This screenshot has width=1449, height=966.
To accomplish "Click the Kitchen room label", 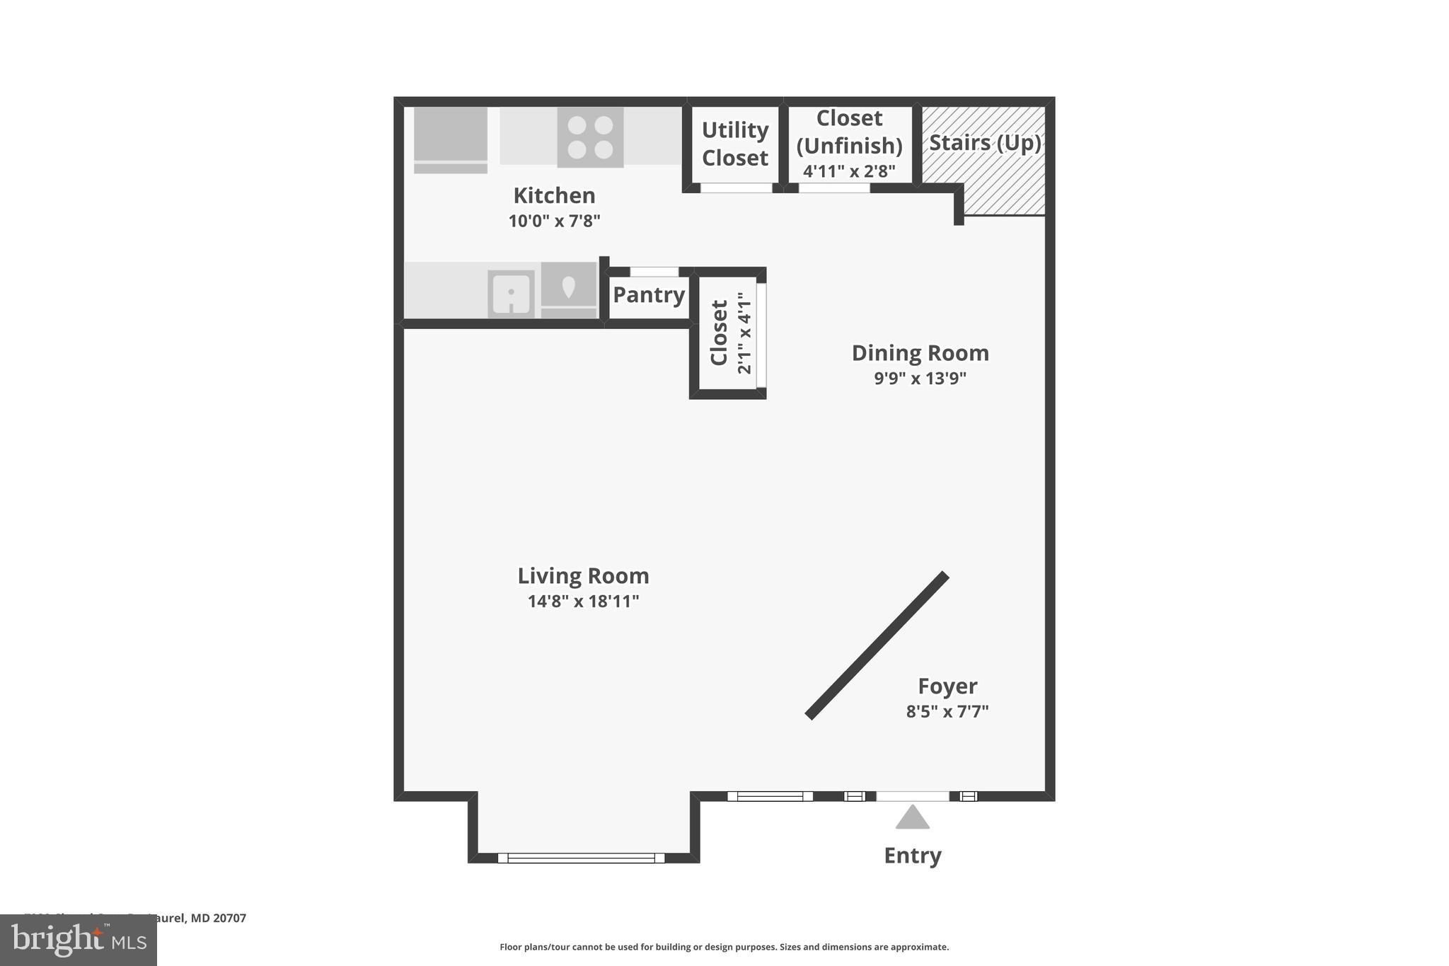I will tap(554, 195).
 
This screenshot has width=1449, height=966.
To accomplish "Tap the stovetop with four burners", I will tap(590, 137).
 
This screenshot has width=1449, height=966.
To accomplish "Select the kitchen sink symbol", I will tap(511, 293).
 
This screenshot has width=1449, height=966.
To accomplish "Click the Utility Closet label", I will tap(734, 144).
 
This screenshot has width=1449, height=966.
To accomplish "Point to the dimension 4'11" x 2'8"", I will tap(849, 171).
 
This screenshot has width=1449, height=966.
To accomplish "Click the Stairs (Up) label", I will tap(984, 143).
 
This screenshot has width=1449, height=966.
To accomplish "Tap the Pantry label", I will tap(648, 294).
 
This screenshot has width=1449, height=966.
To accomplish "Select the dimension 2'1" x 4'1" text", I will tap(744, 333).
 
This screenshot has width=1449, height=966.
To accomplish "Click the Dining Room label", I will tap(920, 352).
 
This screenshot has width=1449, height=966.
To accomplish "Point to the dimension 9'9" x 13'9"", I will tap(920, 378).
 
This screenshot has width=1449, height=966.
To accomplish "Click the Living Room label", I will tap(583, 575).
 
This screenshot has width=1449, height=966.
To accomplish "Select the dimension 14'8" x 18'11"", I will tap(583, 602).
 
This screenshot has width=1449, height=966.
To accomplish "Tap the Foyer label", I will tap(947, 686).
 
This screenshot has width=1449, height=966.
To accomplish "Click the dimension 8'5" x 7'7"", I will tap(947, 711).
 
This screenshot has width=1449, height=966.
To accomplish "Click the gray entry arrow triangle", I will tap(912, 819).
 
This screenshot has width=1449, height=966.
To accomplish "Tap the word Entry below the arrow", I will tap(912, 856).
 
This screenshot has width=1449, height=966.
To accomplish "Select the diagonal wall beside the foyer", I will tap(877, 645).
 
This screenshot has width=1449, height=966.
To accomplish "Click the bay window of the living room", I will tap(581, 858).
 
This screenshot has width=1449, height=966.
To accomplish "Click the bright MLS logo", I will tap(79, 941).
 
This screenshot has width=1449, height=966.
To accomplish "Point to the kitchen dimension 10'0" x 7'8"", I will tap(554, 221).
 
